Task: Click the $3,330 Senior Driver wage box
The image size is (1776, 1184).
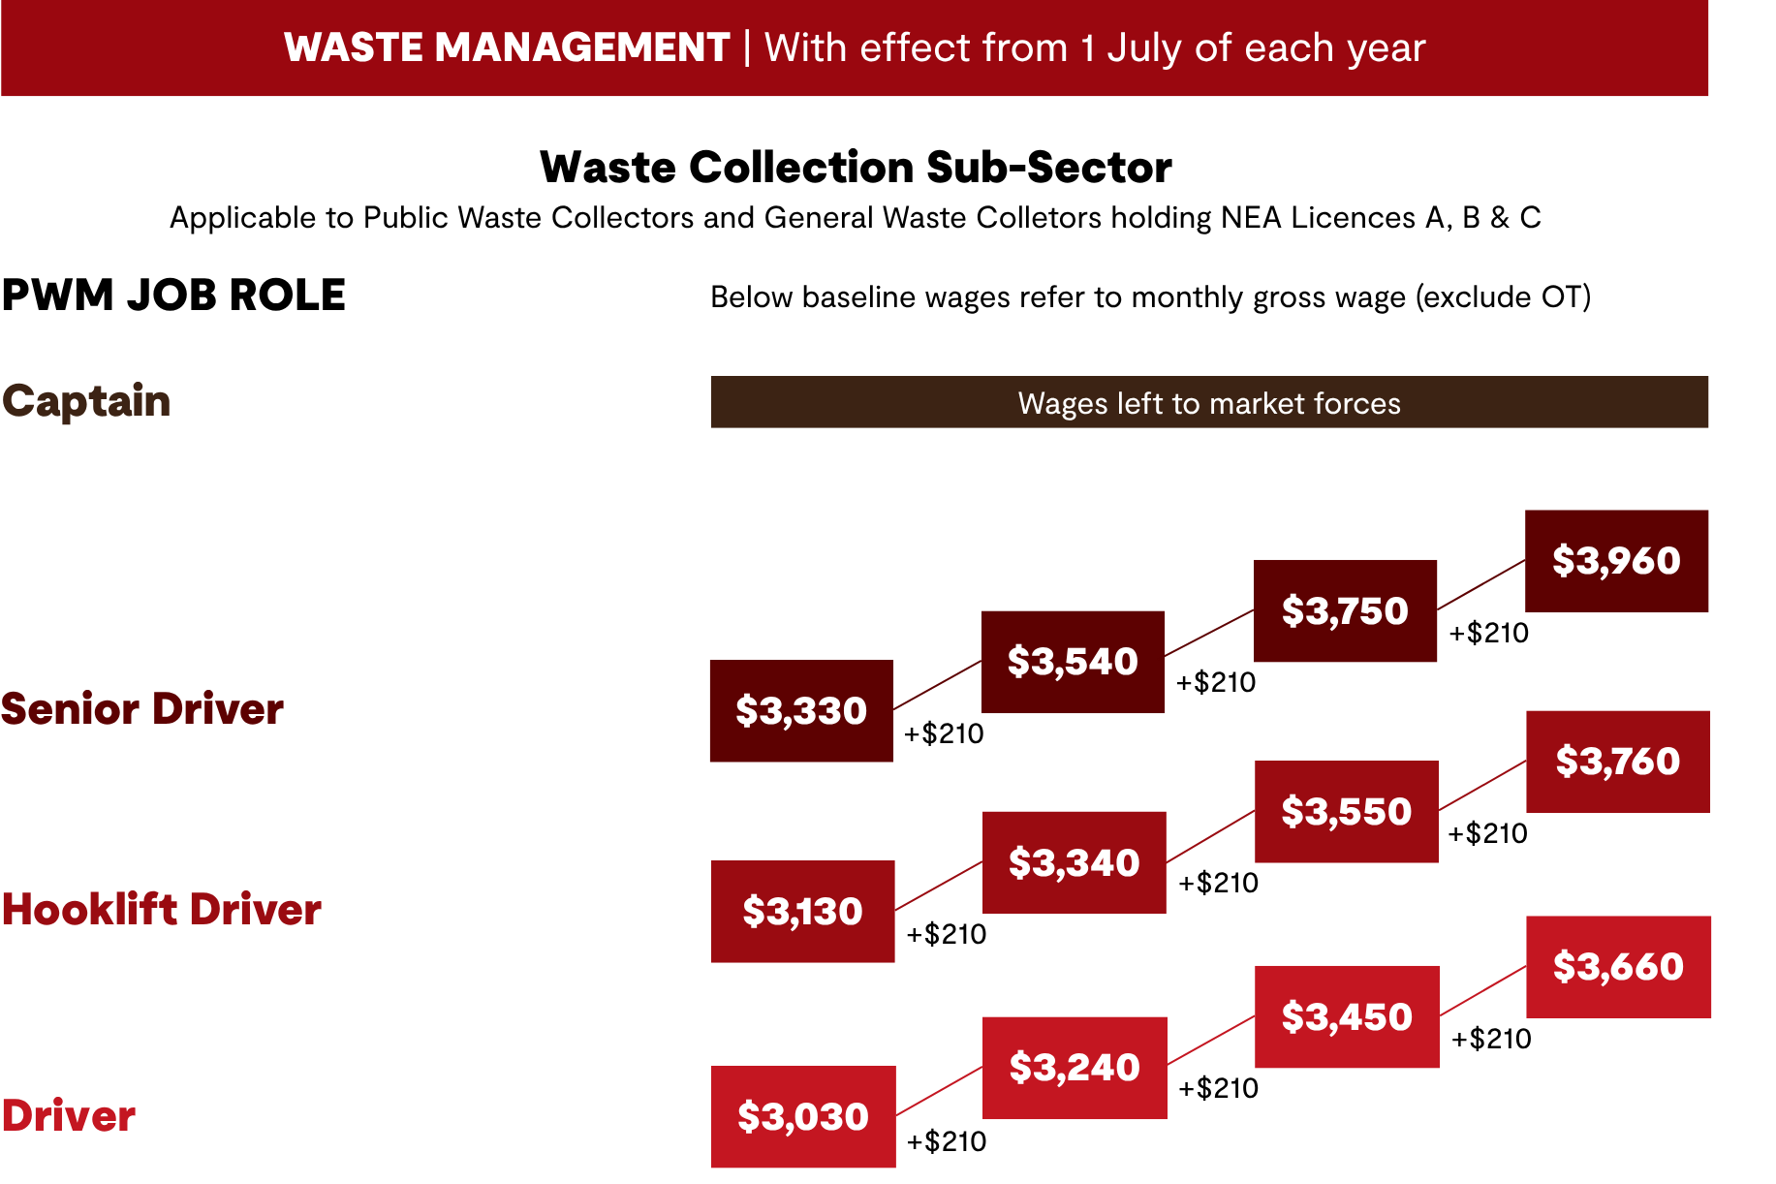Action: point(801,710)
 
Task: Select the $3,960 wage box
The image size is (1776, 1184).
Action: point(1616,561)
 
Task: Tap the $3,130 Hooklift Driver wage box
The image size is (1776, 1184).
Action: point(802,911)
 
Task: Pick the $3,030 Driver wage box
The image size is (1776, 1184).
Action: point(803,1116)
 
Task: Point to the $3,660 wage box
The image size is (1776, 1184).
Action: point(1618,967)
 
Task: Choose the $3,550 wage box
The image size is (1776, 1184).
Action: point(1347,811)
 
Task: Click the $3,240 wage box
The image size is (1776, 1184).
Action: point(1075,1068)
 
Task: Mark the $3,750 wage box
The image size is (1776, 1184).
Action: point(1345,610)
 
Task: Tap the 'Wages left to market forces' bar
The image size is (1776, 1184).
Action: point(1209,402)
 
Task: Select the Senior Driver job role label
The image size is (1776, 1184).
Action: point(142,709)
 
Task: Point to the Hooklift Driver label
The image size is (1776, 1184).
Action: point(162,910)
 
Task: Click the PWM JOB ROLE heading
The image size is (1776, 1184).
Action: point(173,295)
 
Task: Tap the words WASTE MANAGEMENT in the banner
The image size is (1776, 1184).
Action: point(507,47)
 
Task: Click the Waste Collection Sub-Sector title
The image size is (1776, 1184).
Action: point(856,167)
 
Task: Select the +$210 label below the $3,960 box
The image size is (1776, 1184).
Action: point(1488,633)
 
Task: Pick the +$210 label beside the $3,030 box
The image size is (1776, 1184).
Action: point(947,1141)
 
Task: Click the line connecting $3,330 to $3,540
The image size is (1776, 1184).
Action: point(937,685)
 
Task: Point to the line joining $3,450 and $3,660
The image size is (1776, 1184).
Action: point(1483,990)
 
